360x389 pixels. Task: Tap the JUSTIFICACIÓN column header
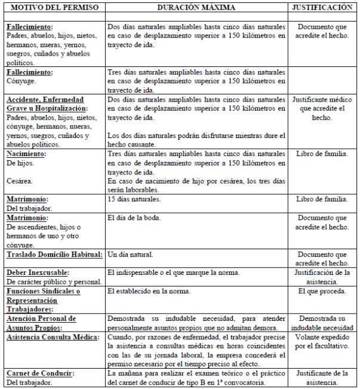click(322, 8)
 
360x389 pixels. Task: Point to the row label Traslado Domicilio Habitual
click(54, 255)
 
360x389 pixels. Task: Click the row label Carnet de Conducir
click(40, 373)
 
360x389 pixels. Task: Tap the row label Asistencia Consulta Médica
click(53, 337)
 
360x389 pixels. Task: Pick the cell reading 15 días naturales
click(135, 199)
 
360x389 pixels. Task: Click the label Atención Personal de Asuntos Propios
click(42, 323)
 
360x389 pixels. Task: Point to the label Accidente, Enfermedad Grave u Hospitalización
click(46, 104)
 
